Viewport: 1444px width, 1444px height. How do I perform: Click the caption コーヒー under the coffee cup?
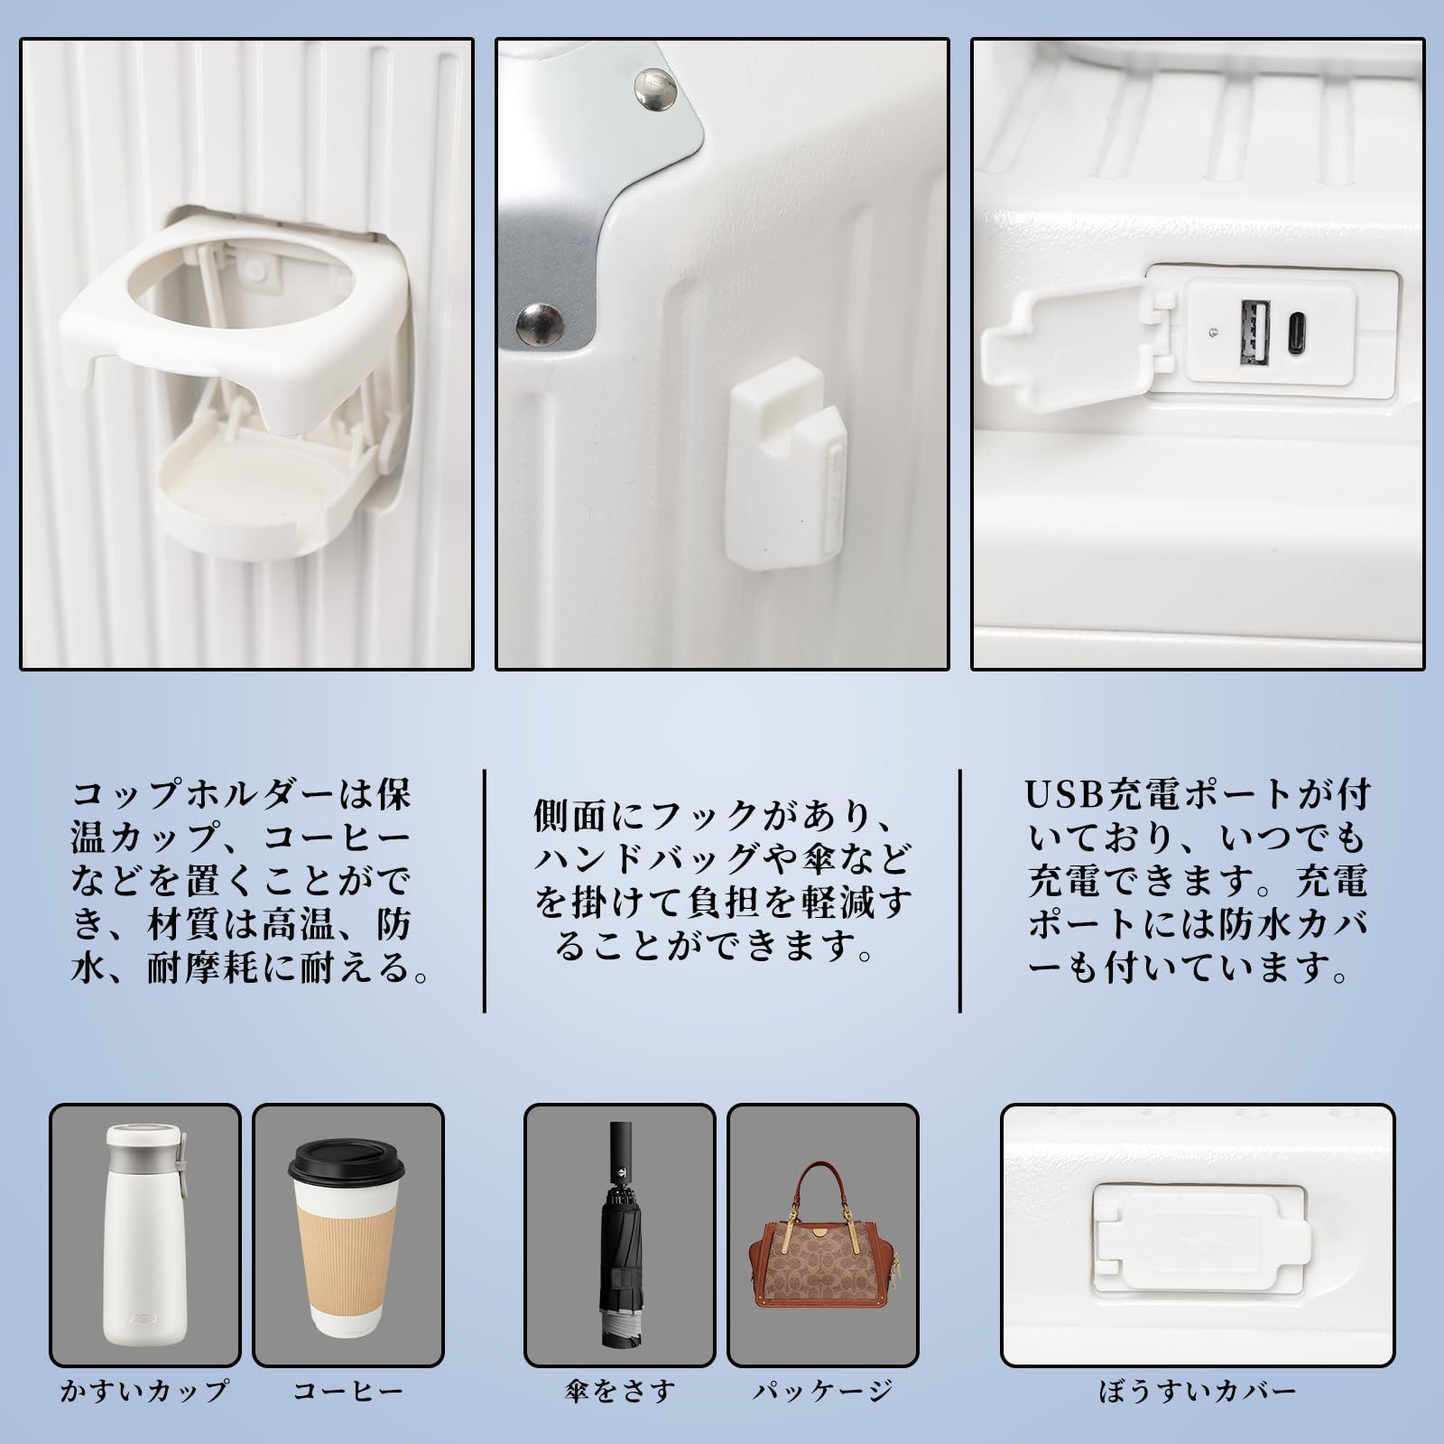pos(347,1415)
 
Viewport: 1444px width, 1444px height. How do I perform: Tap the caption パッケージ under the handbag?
pos(822,1415)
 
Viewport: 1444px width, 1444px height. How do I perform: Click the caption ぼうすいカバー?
pos(1198,1415)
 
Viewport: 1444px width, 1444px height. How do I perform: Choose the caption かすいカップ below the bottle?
pos(143,1415)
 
